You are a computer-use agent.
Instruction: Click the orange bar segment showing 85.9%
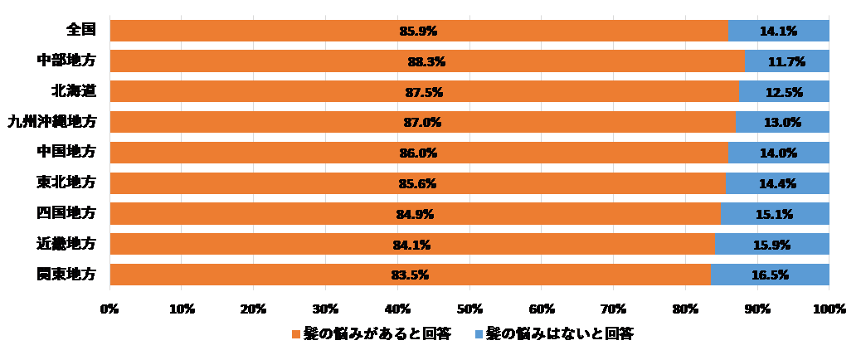[x=418, y=31]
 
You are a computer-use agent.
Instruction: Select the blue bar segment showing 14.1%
[x=778, y=31]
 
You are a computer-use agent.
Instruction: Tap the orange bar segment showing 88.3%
[x=426, y=61]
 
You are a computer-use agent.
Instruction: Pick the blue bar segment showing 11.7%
[x=786, y=61]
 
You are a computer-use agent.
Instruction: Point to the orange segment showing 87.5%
[x=424, y=92]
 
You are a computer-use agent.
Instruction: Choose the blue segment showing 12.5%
[x=784, y=92]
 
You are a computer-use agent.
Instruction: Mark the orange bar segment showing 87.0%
[x=422, y=123]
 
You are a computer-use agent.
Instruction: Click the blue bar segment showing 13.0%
[x=782, y=123]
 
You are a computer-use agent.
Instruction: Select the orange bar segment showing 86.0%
[x=418, y=153]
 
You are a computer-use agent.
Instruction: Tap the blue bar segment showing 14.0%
[x=778, y=153]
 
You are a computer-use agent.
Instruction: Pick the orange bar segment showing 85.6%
[x=417, y=183]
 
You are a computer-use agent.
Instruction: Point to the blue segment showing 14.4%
[x=777, y=183]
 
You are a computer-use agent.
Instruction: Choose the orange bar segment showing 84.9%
[x=415, y=214]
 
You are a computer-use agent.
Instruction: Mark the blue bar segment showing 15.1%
[x=775, y=214]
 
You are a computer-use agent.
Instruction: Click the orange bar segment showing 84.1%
[x=411, y=244]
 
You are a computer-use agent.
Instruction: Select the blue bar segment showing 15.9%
[x=771, y=244]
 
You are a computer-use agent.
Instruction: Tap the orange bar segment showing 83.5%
[x=410, y=275]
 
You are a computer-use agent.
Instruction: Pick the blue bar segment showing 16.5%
[x=770, y=275]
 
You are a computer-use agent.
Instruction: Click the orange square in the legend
[x=295, y=333]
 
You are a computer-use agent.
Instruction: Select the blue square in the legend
[x=479, y=333]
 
